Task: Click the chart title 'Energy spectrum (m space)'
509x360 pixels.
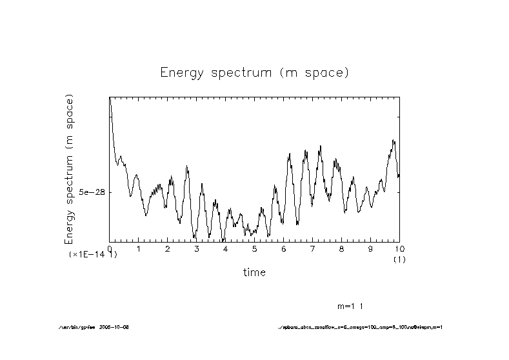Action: (254, 72)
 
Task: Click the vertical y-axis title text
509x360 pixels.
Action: (69, 169)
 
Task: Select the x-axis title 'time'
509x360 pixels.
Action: (254, 272)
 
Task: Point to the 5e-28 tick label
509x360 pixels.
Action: (92, 192)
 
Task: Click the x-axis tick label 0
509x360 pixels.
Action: (110, 248)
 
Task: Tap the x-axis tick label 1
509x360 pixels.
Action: (138, 248)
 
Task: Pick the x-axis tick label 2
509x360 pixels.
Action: (167, 248)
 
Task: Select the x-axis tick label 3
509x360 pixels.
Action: (196, 248)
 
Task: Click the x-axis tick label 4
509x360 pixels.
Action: (225, 248)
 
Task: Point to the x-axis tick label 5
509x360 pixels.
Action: (254, 248)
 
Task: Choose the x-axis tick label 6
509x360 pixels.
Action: (283, 248)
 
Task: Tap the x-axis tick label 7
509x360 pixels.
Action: (312, 248)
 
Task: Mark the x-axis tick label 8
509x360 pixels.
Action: (341, 248)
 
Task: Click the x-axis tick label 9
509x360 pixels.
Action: (370, 248)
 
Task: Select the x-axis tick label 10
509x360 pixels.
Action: (399, 248)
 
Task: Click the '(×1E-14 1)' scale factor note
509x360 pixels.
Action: (93, 255)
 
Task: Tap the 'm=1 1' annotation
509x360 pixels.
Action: (354, 305)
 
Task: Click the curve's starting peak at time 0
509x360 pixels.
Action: (110, 98)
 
